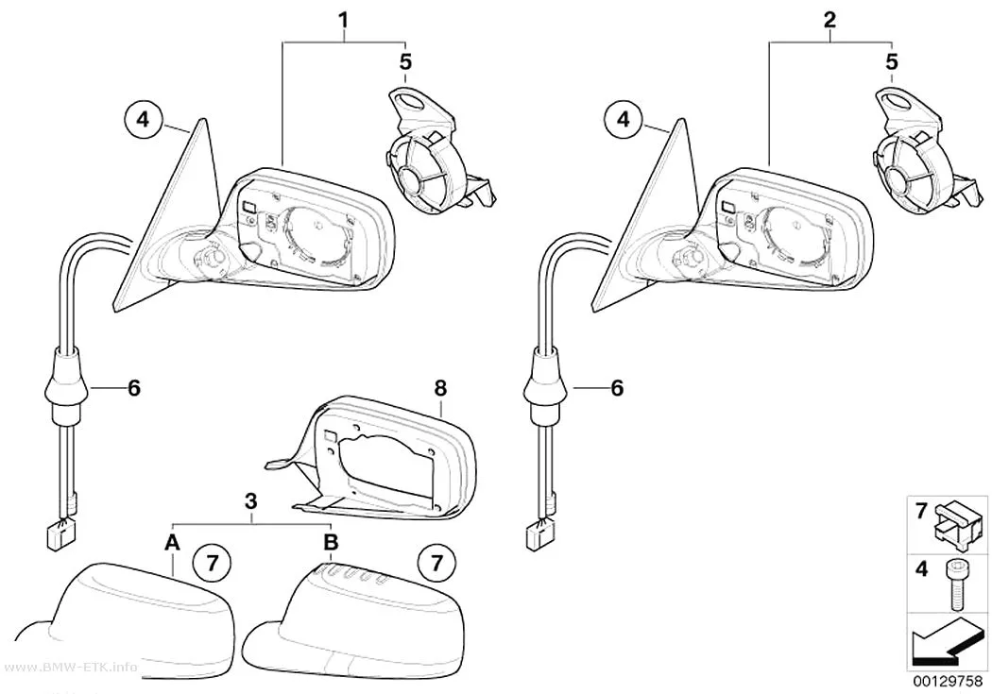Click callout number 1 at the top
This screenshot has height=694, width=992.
tap(344, 21)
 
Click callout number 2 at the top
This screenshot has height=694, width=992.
tap(830, 21)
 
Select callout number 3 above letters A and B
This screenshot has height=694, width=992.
tap(251, 501)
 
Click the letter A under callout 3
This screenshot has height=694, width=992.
tap(172, 542)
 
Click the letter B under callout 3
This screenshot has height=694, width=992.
tap(331, 542)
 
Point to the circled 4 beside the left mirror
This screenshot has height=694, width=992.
tap(144, 118)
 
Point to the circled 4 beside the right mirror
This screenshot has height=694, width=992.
tap(624, 118)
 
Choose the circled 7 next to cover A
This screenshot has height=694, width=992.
tap(213, 562)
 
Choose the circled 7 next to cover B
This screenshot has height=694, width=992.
tap(436, 562)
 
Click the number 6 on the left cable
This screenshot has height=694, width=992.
tap(134, 388)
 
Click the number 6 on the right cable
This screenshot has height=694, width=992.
tap(618, 388)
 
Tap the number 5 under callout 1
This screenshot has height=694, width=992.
tap(405, 62)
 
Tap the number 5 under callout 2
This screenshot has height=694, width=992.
tap(892, 62)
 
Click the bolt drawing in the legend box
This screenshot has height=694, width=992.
tap(954, 584)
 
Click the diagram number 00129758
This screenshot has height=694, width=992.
tap(947, 683)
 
